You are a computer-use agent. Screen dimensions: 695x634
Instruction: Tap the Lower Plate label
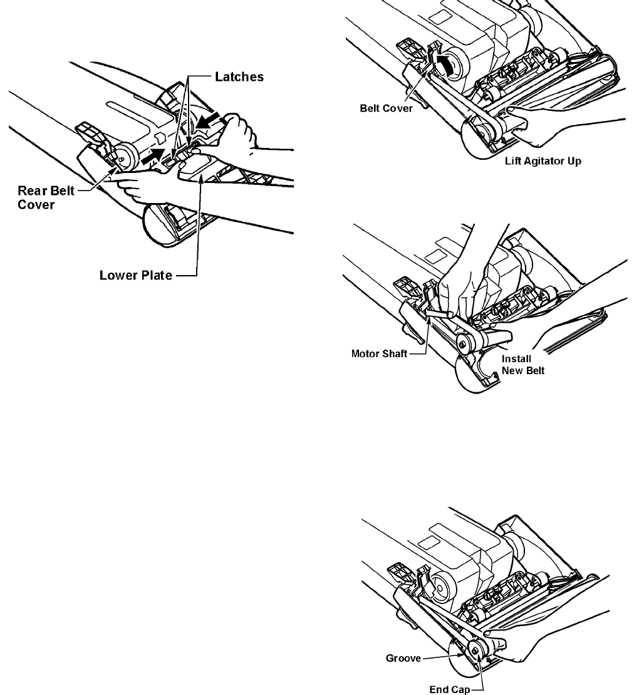point(136,274)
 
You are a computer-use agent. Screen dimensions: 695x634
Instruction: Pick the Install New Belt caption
point(524,365)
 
